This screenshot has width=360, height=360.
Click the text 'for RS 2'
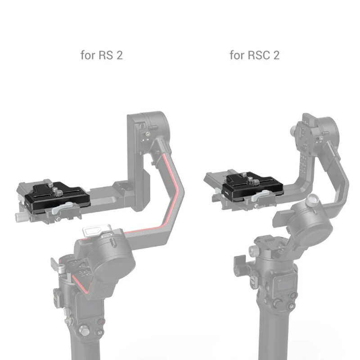coord(102,55)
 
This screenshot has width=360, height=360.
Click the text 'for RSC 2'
coord(254,55)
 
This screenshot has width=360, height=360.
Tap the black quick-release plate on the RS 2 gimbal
coord(58,196)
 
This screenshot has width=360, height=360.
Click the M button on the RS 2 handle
coord(100,333)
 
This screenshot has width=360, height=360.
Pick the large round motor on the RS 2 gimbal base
coord(115,261)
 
